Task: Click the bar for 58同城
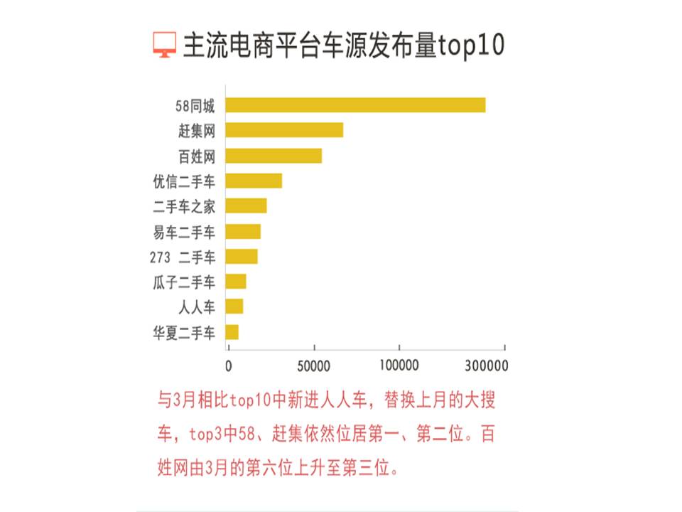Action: tap(355, 105)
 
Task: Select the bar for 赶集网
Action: tap(284, 130)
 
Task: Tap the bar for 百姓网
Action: tap(274, 156)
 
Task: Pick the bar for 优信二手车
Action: tap(254, 181)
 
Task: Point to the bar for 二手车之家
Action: tap(246, 206)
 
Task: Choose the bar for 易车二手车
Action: tap(243, 231)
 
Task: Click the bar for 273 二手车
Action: tap(242, 256)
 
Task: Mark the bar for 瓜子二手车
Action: tap(236, 281)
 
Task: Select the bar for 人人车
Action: tap(234, 306)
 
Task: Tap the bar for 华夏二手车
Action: tap(232, 331)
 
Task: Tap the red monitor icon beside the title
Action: tap(164, 45)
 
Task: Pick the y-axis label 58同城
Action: tap(195, 106)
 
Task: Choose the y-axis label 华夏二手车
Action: tap(184, 332)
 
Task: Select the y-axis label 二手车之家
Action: tap(184, 206)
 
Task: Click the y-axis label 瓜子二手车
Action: tap(184, 282)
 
